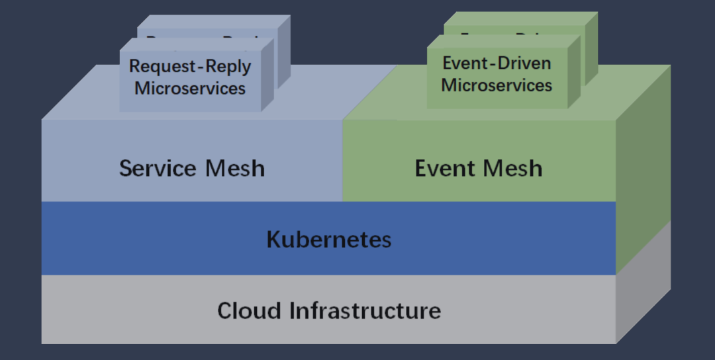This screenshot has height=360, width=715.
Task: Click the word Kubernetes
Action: point(329,239)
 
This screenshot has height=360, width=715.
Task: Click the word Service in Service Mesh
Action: point(156,168)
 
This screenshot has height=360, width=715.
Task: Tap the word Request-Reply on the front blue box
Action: point(190,67)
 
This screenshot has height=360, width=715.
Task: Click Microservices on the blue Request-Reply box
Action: point(190,88)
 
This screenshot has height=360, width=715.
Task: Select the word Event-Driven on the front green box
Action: point(497,64)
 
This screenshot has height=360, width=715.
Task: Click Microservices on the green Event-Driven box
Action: point(497,85)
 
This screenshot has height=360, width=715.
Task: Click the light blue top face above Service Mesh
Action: point(86,99)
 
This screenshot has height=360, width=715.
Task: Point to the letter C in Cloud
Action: point(225,310)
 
